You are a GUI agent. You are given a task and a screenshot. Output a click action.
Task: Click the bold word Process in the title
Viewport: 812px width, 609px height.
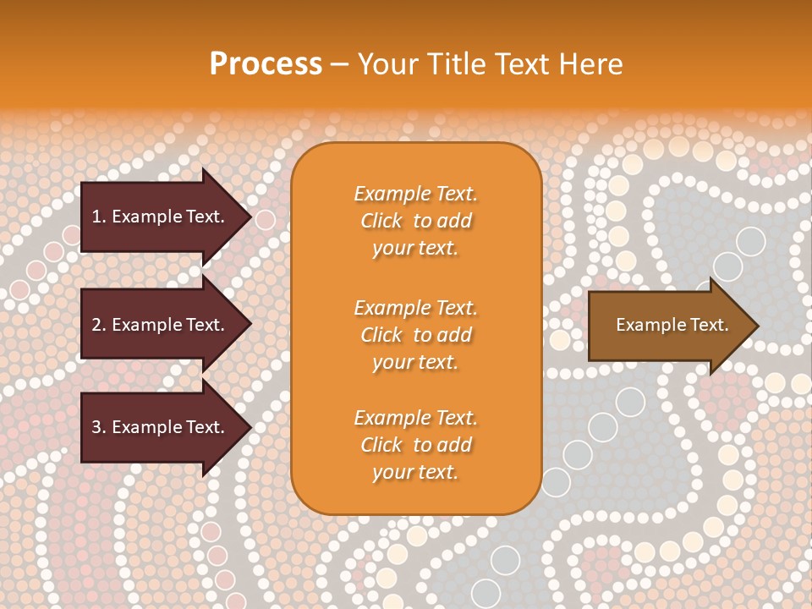pyautogui.click(x=266, y=64)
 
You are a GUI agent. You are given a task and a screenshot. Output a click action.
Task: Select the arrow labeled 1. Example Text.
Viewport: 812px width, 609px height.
pyautogui.click(x=161, y=217)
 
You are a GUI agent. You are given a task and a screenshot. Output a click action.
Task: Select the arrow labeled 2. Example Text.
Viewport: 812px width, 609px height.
pyautogui.click(x=161, y=325)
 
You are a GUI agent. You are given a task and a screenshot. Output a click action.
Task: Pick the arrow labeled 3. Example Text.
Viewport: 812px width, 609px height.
pyautogui.click(x=161, y=428)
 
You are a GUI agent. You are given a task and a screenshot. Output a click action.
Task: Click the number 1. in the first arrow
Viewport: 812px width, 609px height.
pyautogui.click(x=99, y=217)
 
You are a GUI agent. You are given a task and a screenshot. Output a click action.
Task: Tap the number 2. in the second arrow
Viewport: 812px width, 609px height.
pyautogui.click(x=99, y=326)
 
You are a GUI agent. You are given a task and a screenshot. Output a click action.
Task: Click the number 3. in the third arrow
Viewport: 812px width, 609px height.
pyautogui.click(x=99, y=428)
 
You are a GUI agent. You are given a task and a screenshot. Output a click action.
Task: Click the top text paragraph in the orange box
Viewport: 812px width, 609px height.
pyautogui.click(x=415, y=221)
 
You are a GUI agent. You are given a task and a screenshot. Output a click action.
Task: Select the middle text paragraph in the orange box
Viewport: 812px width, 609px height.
pyautogui.click(x=415, y=335)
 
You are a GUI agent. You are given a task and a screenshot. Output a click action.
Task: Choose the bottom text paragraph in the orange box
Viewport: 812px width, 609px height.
pyautogui.click(x=415, y=445)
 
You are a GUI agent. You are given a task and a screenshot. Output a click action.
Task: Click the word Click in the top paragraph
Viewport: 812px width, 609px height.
pyautogui.click(x=381, y=221)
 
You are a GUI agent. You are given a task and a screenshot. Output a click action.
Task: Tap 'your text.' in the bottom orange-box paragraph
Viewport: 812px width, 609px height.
pyautogui.click(x=415, y=472)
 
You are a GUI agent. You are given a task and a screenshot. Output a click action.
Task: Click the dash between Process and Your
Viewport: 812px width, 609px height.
pyautogui.click(x=339, y=65)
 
